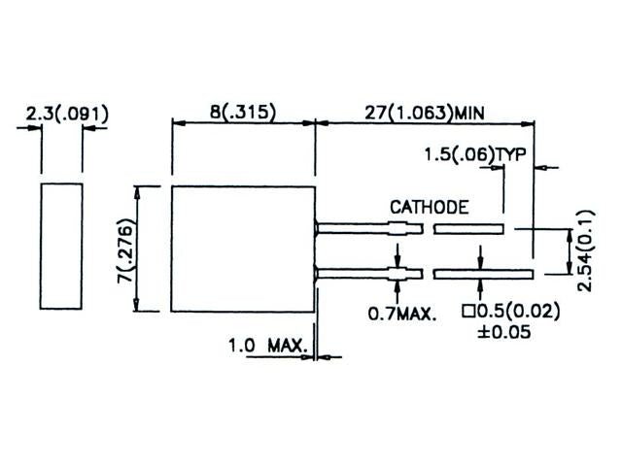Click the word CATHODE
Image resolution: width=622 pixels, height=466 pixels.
point(430,207)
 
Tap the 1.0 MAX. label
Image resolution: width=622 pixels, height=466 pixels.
point(267,345)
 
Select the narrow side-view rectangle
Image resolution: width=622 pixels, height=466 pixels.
point(60,247)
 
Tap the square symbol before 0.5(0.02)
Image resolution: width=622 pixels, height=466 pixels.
point(467,313)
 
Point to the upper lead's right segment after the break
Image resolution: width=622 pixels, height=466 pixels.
point(468,229)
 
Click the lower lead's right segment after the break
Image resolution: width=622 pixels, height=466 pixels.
point(483,273)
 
